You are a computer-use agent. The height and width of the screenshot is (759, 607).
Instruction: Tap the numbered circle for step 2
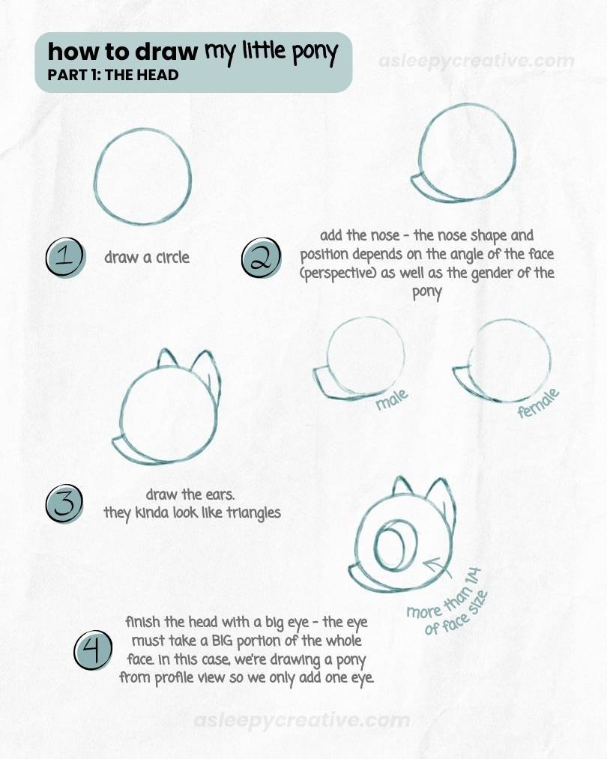pyautogui.click(x=260, y=259)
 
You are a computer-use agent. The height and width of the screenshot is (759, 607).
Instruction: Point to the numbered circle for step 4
pyautogui.click(x=93, y=650)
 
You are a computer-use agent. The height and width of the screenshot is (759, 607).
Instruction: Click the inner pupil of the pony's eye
pyautogui.click(x=390, y=540)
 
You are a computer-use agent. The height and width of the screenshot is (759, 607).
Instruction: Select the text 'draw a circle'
pyautogui.click(x=147, y=258)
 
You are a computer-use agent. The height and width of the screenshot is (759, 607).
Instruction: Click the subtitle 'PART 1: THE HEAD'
pyautogui.click(x=112, y=75)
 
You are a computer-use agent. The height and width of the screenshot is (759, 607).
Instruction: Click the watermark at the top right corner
pyautogui.click(x=477, y=61)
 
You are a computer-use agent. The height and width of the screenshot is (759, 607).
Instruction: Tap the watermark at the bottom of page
pyautogui.click(x=301, y=721)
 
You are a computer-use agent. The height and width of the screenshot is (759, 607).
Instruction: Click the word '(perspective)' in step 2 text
pyautogui.click(x=339, y=273)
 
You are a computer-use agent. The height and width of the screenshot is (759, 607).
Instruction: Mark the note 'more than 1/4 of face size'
pyautogui.click(x=447, y=603)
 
